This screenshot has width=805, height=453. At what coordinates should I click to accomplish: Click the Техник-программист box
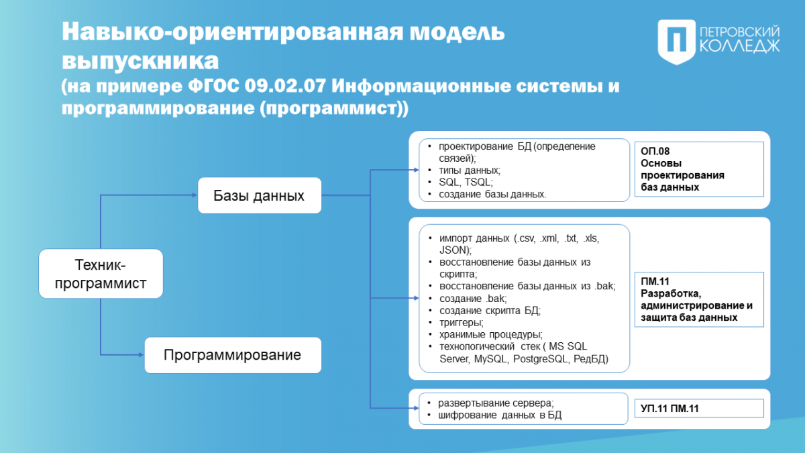click(x=101, y=274)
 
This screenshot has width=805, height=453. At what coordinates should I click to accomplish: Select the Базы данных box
click(x=260, y=195)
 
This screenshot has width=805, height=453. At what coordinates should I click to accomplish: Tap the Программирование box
click(x=233, y=355)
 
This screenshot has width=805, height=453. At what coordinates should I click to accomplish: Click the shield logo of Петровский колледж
click(x=676, y=42)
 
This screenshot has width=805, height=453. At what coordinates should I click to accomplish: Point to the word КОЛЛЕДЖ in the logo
click(x=739, y=46)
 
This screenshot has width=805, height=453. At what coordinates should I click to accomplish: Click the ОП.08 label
click(x=655, y=151)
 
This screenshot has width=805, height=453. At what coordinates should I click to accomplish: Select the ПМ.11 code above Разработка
click(x=655, y=281)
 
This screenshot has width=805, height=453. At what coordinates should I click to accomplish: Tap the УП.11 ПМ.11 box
click(x=699, y=409)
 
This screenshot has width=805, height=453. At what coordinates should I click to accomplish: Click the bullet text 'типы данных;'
click(x=470, y=170)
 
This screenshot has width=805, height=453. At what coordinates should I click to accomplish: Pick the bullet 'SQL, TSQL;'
click(x=466, y=183)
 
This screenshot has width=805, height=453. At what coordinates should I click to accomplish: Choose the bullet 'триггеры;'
click(x=462, y=323)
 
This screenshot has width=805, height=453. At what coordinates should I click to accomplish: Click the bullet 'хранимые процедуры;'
click(x=491, y=334)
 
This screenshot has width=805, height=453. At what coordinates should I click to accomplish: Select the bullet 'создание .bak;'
click(x=473, y=299)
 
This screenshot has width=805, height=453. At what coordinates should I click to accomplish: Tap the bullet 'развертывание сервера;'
click(x=496, y=403)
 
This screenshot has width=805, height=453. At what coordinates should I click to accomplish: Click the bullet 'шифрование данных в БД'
click(x=500, y=415)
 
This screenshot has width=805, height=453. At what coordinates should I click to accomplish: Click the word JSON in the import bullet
click(x=453, y=250)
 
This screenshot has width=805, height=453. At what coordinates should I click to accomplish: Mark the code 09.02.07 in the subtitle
click(x=285, y=86)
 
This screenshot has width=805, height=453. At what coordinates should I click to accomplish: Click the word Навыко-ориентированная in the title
click(x=233, y=32)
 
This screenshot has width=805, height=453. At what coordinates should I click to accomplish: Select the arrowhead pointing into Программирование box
click(x=142, y=355)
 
